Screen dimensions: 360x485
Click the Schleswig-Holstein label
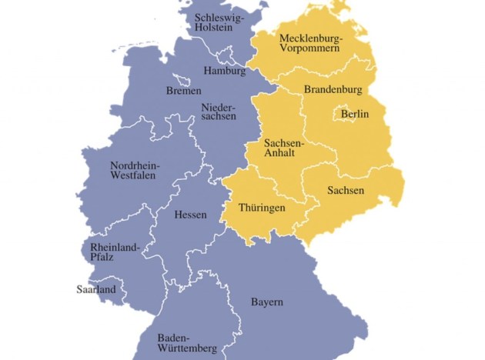point(218,23)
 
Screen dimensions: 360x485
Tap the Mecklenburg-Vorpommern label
point(312,44)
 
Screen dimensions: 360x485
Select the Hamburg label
point(225,72)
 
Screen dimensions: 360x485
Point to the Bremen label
point(184,91)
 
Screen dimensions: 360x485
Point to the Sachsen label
point(346,190)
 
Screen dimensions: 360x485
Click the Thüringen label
point(262,208)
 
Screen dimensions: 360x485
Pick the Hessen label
point(190,215)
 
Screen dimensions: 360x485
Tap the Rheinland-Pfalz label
point(115,252)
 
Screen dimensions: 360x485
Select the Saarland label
point(95,290)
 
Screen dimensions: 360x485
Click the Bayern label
point(267,302)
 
